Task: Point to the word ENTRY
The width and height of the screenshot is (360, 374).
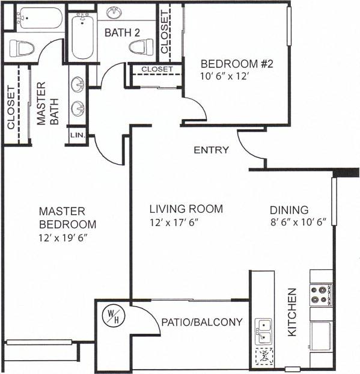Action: [211, 150]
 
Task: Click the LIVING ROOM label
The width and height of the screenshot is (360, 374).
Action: [186, 209]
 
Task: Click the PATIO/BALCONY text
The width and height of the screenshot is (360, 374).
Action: [202, 322]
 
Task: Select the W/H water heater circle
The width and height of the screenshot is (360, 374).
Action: [112, 316]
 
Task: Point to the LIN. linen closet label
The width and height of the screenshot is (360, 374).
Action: [78, 136]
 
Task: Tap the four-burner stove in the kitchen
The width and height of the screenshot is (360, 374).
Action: [320, 295]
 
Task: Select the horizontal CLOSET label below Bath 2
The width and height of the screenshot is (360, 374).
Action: [157, 70]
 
